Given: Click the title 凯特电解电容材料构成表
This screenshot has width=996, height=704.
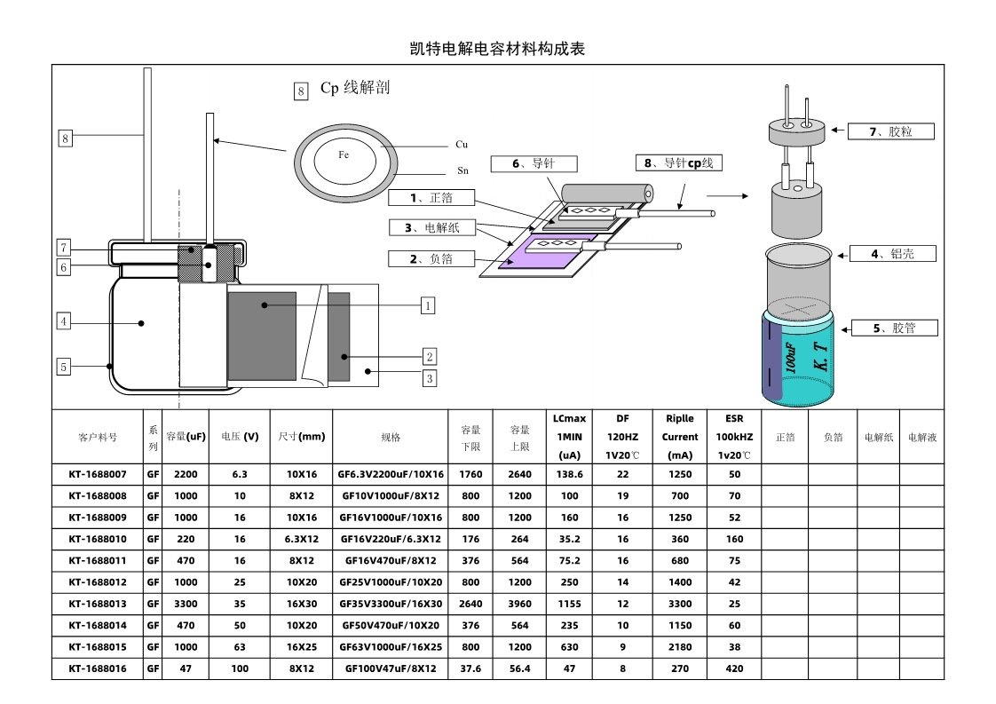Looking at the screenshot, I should pos(497,49).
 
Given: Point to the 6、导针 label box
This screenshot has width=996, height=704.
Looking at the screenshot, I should pos(533,164).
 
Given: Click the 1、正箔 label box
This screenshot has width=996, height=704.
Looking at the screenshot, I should pos(431,197).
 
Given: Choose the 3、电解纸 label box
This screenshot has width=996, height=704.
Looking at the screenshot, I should pos(431,227).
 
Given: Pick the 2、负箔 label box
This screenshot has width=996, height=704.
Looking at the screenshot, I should pos(431,259).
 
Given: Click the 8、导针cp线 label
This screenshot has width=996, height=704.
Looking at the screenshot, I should pos(679,163).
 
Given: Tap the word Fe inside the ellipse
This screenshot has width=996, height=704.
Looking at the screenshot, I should pos(344,154).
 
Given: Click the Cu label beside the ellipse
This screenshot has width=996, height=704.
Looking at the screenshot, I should pos(462,144).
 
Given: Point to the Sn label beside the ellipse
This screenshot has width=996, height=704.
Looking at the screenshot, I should pos(462,170).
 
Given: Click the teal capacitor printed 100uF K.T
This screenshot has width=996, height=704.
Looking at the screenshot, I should pos(799,360).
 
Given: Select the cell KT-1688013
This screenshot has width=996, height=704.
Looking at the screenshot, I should pos(98,604).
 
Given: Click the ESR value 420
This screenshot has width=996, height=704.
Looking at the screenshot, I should pos(734,668).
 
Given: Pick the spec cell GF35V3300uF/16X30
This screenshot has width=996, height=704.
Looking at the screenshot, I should pos(391,604).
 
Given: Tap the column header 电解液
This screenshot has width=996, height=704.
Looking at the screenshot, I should pos(921,437).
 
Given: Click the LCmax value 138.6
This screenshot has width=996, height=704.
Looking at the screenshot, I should pos(569,474).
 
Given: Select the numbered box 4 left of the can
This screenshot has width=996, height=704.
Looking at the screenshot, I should pos(64,321).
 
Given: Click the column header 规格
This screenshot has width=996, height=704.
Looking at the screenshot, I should pos(391,437).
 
